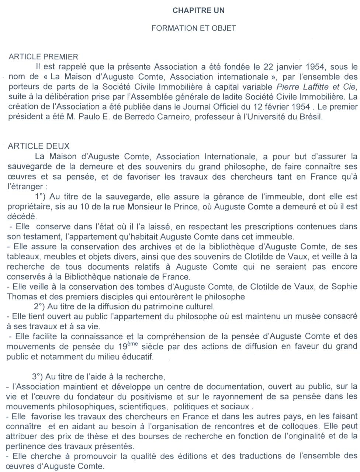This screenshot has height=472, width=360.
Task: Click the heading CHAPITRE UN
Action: (198, 11)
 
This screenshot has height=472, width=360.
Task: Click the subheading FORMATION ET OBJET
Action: (193, 28)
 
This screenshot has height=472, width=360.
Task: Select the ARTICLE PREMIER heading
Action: (43, 57)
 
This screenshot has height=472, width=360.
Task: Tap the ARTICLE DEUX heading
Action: (38, 146)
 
